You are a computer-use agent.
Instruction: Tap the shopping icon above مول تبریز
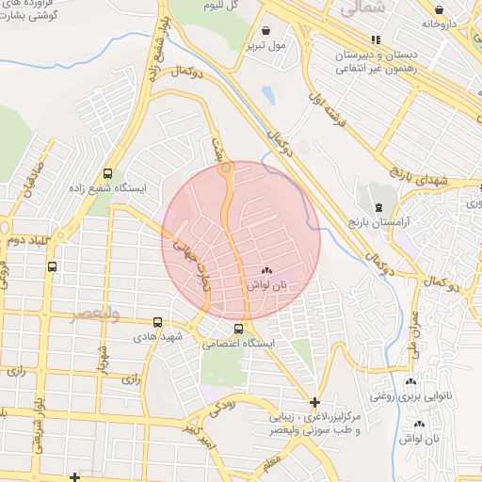[265, 29]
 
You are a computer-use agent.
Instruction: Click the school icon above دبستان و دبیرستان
[376, 40]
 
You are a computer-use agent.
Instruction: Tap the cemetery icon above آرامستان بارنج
[378, 206]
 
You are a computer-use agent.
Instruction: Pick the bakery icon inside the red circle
[265, 270]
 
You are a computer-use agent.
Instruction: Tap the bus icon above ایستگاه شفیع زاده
[108, 174]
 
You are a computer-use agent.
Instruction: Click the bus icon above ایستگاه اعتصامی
[238, 329]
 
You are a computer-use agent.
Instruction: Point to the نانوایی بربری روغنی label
[410, 396]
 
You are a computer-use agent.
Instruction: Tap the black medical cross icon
[314, 403]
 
